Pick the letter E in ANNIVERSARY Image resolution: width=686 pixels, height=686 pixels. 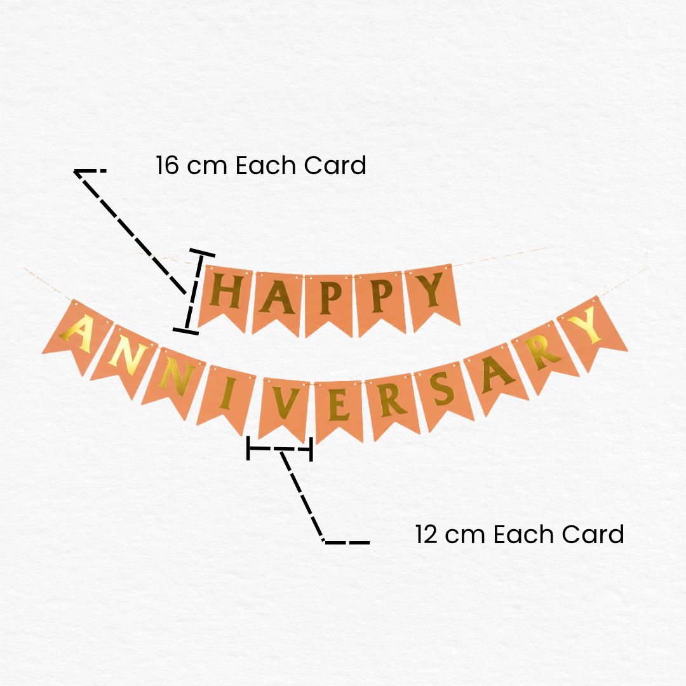click(339, 405)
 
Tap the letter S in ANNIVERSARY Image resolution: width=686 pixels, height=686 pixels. click(441, 389)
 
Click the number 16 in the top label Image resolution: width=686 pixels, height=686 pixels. click(167, 165)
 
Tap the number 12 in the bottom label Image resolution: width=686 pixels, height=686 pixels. click(426, 535)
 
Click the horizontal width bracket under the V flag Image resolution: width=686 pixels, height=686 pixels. click(279, 448)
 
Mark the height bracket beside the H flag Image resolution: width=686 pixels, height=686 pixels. click(194, 292)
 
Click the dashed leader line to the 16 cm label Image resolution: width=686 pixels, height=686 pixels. click(131, 231)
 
